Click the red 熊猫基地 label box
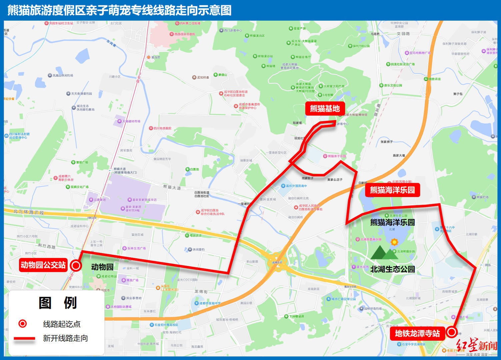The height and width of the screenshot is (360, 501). click(325, 109)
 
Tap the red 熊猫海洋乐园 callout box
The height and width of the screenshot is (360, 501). click(392, 190)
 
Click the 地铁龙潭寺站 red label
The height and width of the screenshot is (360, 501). click(417, 333)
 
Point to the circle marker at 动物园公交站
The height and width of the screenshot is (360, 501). click(76, 266)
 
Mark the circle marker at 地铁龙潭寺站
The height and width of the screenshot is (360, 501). click(452, 332)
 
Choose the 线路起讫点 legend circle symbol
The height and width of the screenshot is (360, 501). click(22, 324)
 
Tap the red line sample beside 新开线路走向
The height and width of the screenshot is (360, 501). click(24, 338)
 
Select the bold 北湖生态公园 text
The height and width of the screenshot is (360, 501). click(392, 269)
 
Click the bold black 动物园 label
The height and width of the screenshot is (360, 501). click(102, 267)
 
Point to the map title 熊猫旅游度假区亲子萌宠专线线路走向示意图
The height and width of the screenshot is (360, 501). click(119, 10)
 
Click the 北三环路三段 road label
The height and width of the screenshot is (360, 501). click(29, 212)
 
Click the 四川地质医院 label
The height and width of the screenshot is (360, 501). click(162, 128)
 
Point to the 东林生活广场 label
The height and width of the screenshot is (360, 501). click(136, 248)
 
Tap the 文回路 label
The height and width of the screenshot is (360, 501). click(403, 34)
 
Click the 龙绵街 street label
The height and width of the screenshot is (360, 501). click(201, 291)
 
